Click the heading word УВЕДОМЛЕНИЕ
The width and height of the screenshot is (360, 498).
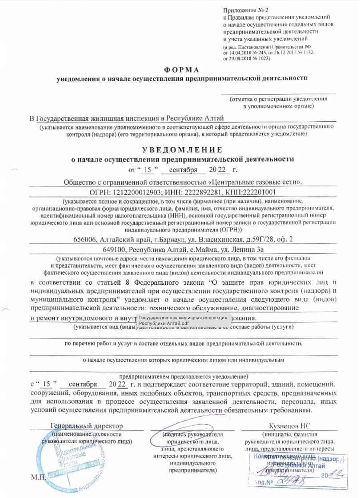click(182, 150)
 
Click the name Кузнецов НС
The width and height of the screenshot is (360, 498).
click(289, 426)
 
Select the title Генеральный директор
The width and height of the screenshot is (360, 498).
click(87, 426)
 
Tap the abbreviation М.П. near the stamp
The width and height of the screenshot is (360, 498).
click(39, 478)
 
